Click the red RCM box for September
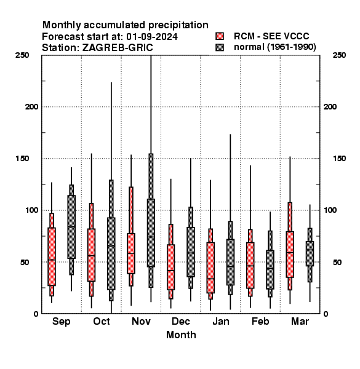pos(52,256)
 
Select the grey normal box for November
pos(151,232)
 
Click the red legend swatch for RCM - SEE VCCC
pos(220,36)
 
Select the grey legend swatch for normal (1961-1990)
pos(220,47)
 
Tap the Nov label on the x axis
pos(141,321)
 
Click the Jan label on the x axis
pos(220,321)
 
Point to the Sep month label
pos(61,322)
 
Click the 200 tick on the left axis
pos(31,106)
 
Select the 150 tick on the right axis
pos(339,159)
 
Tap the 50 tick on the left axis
pos(25,262)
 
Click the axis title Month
pos(181,335)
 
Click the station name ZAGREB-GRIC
pos(118,48)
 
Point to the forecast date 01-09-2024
pos(152,37)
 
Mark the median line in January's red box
pos(210,279)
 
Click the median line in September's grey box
pos(71,227)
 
